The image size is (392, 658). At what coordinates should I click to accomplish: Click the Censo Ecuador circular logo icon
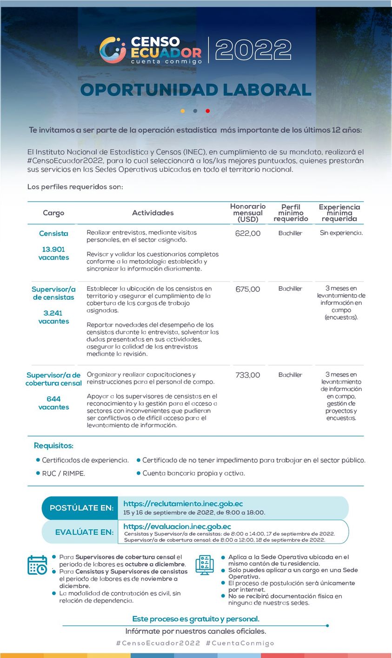113,50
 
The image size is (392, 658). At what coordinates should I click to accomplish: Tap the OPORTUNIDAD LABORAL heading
196,90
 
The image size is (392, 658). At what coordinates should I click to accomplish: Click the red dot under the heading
207,111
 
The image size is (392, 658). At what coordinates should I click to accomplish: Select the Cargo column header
53,213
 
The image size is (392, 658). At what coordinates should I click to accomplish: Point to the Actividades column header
153,213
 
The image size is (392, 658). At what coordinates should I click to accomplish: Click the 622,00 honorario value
248,234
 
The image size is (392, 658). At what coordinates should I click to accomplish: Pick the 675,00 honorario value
248,289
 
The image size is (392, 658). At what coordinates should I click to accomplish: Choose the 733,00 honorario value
248,375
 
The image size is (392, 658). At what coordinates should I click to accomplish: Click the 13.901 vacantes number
53,249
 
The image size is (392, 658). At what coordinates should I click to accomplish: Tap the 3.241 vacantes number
53,313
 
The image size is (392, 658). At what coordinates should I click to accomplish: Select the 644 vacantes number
53,399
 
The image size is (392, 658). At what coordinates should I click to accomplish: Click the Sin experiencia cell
341,233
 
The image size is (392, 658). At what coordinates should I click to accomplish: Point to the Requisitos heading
53,446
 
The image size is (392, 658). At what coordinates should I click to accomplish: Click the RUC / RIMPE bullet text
64,473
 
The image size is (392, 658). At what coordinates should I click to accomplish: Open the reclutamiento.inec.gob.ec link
183,504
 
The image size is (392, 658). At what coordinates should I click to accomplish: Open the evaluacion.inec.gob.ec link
177,526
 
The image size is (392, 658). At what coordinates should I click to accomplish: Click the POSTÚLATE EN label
81,508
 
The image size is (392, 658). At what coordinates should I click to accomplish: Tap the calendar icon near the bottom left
37,565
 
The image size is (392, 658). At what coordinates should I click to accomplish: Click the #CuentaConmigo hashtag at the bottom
240,643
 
